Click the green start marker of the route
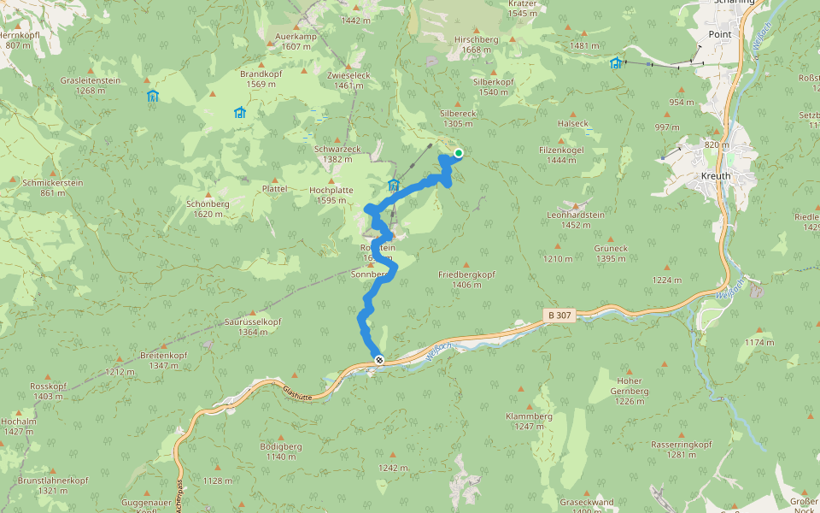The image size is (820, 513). click(x=459, y=154)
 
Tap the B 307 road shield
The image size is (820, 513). click(x=559, y=315)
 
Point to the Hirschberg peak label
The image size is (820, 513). click(x=476, y=39)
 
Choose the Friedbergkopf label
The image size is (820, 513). click(x=466, y=274)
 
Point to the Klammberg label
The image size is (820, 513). click(x=529, y=416)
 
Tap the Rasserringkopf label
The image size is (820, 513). click(x=681, y=445)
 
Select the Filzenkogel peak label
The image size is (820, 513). click(x=561, y=150)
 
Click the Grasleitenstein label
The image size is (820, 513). click(x=90, y=80)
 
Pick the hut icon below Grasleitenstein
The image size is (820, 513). click(x=153, y=96)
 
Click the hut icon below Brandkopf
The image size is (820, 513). click(x=239, y=112)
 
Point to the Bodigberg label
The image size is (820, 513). click(x=281, y=446)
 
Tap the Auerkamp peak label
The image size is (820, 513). click(x=296, y=37)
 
